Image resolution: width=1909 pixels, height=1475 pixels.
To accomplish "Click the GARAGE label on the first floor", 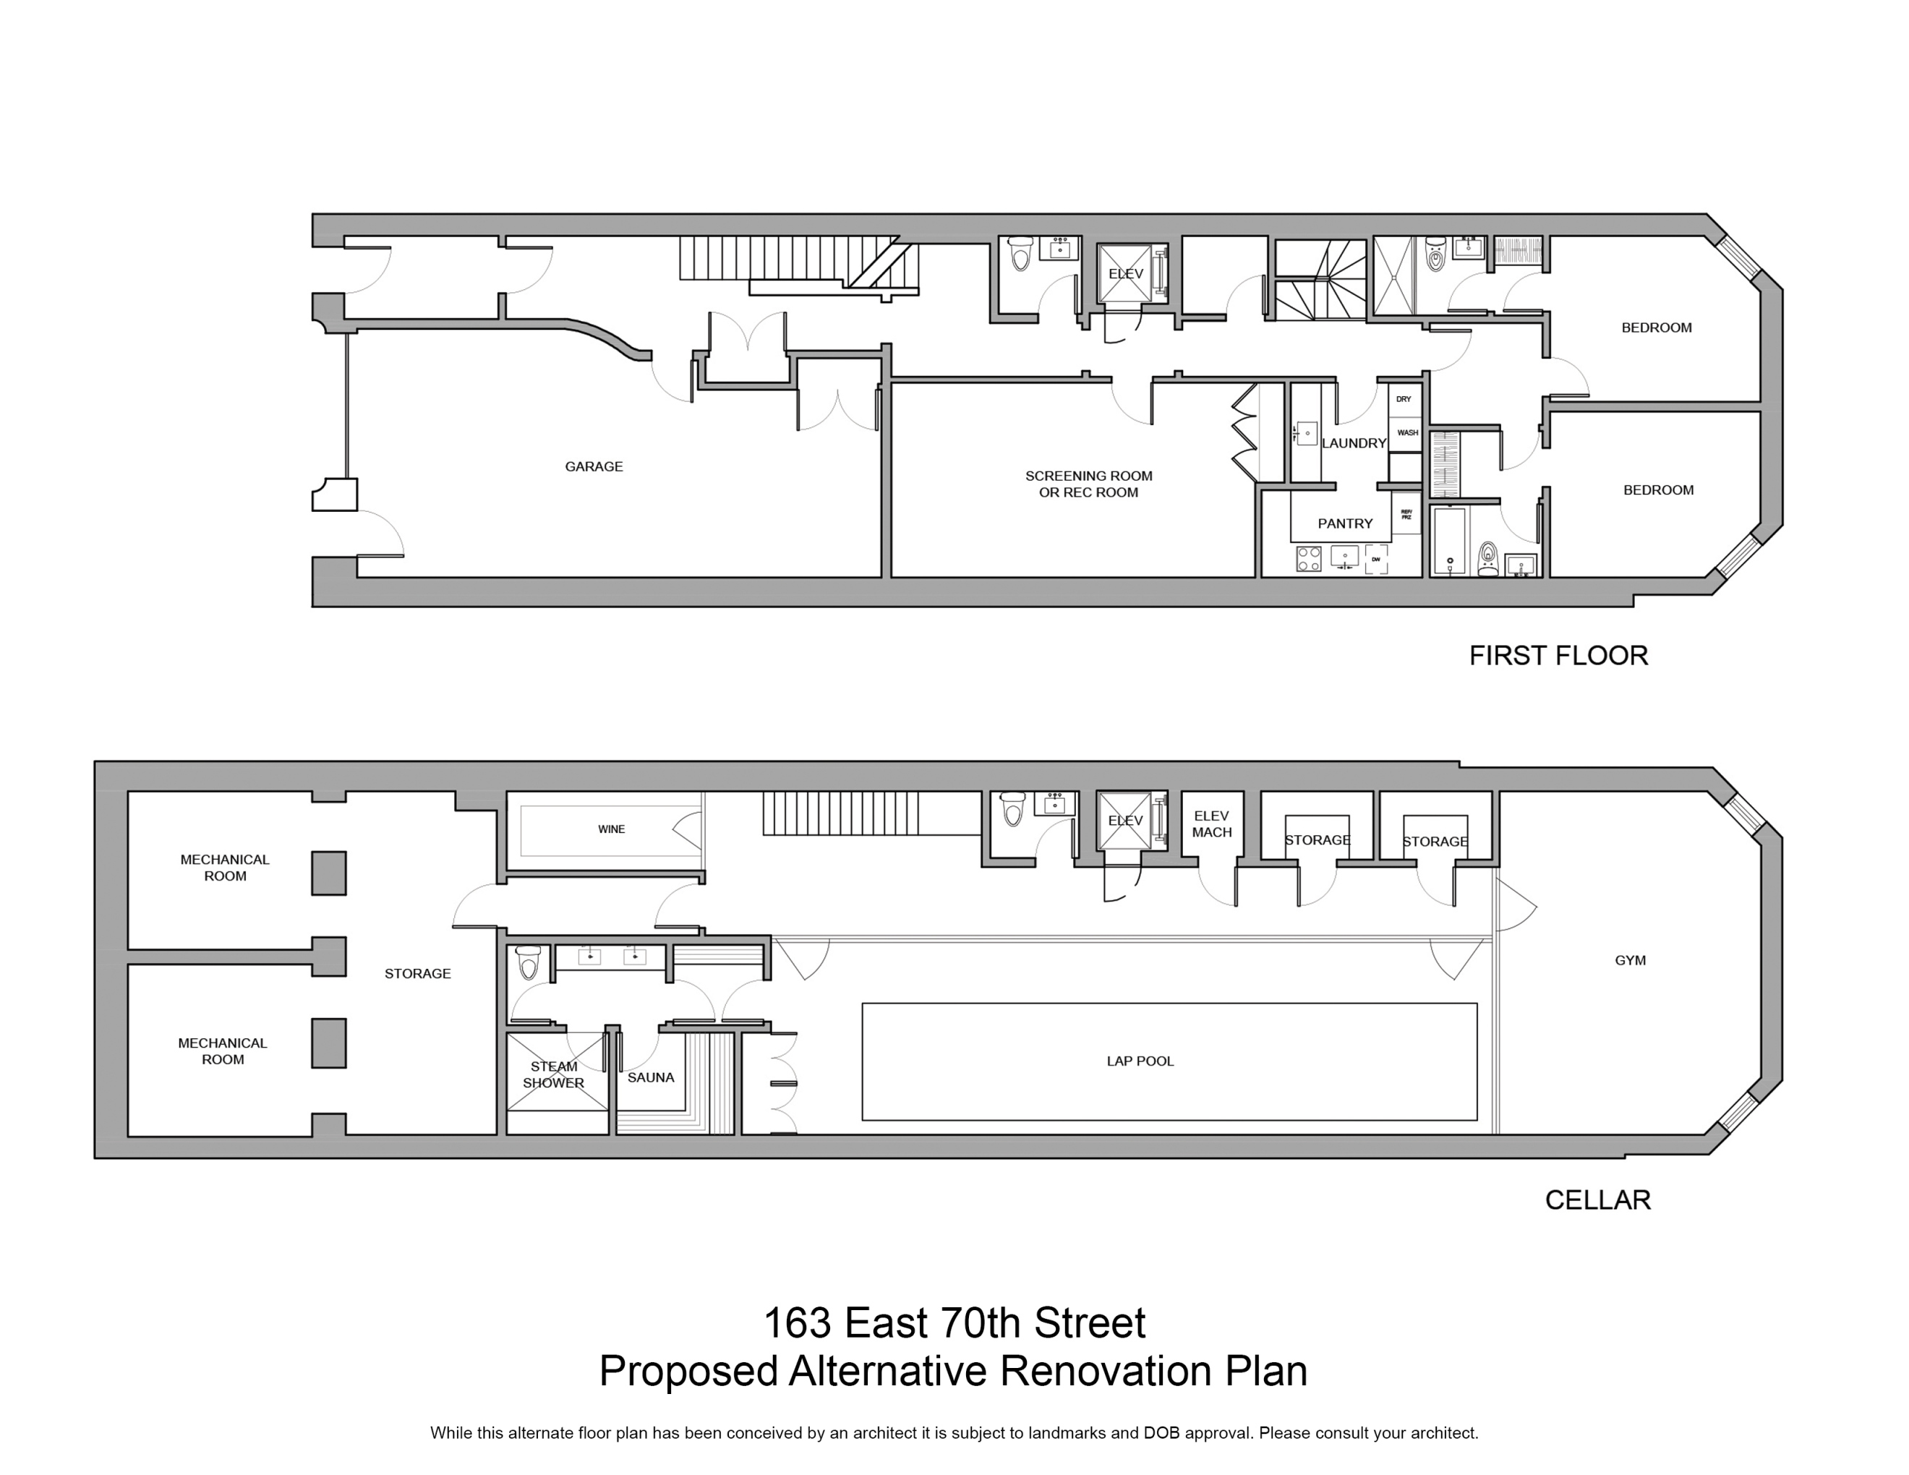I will (594, 466).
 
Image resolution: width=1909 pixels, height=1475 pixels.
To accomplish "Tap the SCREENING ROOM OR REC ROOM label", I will (1088, 484).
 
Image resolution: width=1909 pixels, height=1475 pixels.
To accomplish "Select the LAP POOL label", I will (1140, 1061).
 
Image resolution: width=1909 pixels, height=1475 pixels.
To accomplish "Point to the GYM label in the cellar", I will (1630, 960).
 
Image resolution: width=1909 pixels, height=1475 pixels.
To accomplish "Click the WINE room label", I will (611, 829).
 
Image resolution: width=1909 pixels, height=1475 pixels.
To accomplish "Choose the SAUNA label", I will (650, 1077).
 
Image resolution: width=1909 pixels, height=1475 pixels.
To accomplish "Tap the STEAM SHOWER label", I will (553, 1074).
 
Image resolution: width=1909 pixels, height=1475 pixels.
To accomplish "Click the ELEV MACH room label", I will (1211, 824).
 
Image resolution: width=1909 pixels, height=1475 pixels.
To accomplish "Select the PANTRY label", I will (1345, 523).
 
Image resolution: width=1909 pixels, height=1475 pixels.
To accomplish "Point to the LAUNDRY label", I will (1354, 443).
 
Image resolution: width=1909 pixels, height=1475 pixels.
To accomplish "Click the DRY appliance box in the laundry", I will (1404, 399).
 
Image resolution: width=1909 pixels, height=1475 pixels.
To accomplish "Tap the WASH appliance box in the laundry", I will (1407, 432).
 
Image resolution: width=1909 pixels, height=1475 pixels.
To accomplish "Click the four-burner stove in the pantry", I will (1309, 558).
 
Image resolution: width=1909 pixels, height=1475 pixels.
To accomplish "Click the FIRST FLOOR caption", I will (1558, 655).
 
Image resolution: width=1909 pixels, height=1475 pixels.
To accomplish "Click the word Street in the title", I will (1089, 1323).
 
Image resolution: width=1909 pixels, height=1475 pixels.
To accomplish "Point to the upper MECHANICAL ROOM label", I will (225, 868).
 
